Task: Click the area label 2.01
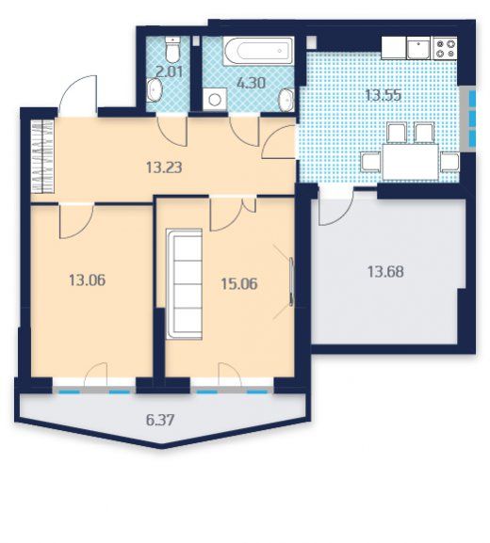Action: (x=169, y=72)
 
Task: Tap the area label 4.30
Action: (x=252, y=83)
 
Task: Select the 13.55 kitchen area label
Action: (x=384, y=95)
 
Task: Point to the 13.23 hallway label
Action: (x=164, y=168)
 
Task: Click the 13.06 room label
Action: (x=87, y=279)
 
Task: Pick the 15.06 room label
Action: (x=239, y=284)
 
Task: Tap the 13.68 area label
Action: (x=385, y=272)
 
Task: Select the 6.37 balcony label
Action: (x=160, y=421)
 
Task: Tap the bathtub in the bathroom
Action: (x=258, y=51)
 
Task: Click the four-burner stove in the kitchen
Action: (x=445, y=48)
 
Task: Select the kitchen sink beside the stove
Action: (x=418, y=48)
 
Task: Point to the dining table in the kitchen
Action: (x=410, y=162)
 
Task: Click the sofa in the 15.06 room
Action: (x=184, y=283)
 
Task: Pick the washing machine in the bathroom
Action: (x=215, y=100)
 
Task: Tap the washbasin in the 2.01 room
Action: (x=154, y=90)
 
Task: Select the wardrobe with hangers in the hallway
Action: (x=42, y=155)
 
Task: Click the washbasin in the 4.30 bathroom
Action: (x=286, y=100)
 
